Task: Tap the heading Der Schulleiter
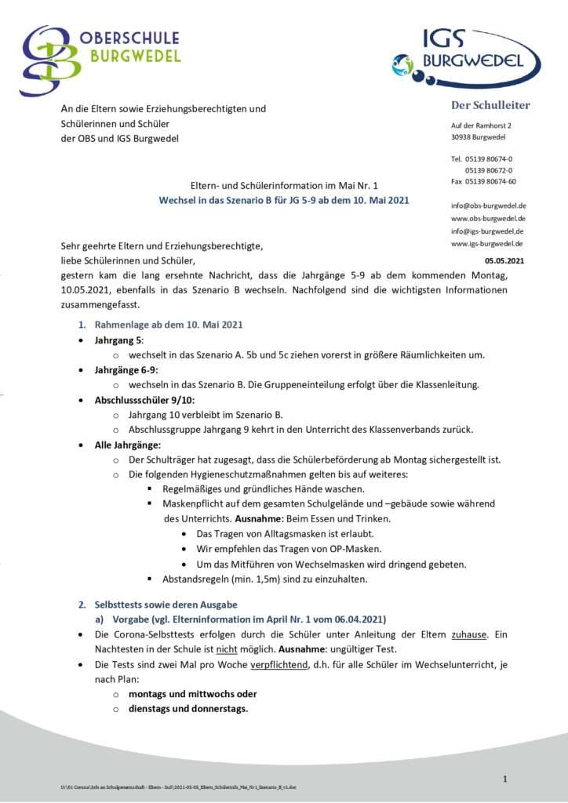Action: point(490,106)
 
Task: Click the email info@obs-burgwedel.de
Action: point(488,205)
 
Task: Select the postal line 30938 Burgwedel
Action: point(479,137)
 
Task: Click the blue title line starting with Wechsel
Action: point(284,201)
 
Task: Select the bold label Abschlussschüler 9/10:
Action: point(140,399)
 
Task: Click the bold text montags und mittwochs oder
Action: point(193,694)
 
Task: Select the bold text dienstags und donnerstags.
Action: point(188,709)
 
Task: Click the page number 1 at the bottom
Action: point(506,778)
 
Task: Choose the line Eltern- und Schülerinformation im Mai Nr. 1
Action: point(284,186)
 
